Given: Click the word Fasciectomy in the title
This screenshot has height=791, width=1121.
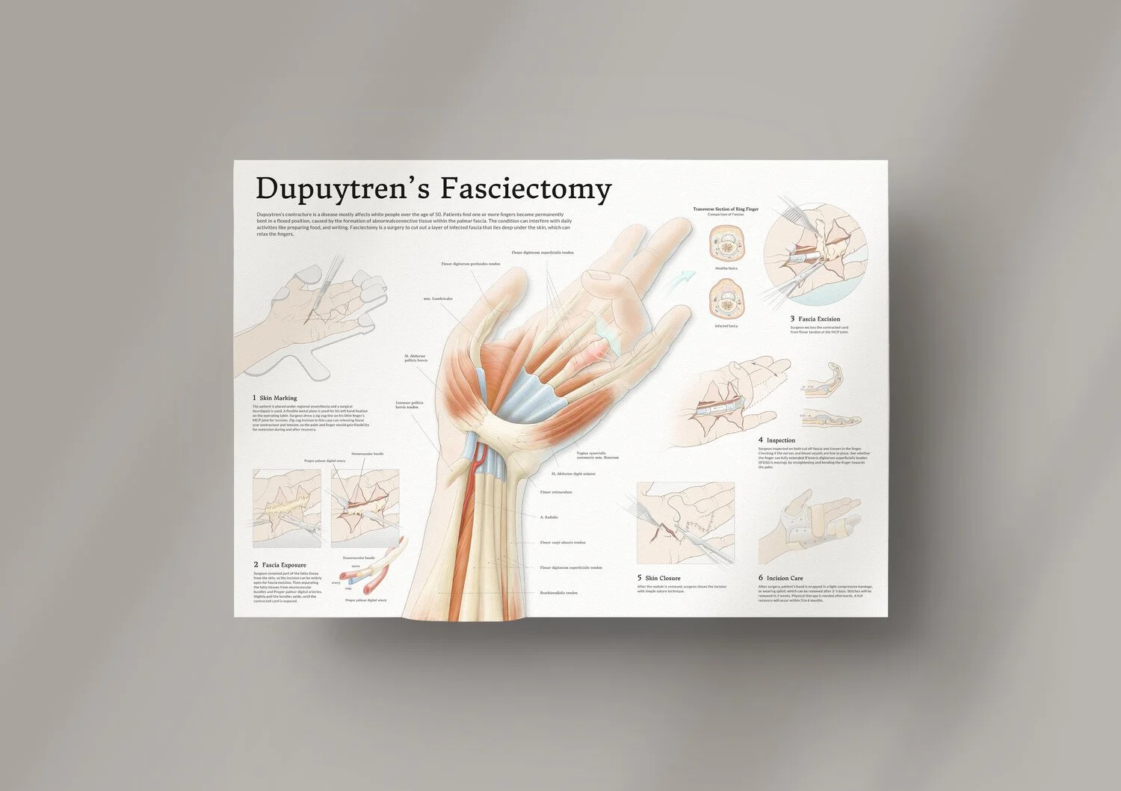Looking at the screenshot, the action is tap(525, 189).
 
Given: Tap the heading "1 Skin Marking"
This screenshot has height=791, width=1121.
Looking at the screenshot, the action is tap(275, 398).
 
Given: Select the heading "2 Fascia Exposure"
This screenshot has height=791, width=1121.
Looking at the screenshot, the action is tap(280, 564).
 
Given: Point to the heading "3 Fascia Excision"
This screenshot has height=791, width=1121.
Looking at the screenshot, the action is tap(815, 319).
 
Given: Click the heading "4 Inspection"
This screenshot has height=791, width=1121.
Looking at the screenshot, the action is tap(776, 440).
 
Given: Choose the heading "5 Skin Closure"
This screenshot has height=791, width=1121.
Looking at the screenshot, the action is tap(658, 578).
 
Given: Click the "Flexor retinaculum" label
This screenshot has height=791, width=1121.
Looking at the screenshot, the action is tap(556, 492).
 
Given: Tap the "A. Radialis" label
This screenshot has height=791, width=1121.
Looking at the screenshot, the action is tap(549, 517).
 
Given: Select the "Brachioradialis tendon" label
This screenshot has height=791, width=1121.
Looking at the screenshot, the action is tap(558, 593).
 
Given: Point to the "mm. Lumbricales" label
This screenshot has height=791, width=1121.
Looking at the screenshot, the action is tap(438, 298).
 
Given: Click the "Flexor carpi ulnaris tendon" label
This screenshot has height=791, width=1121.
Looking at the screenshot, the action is tap(563, 543).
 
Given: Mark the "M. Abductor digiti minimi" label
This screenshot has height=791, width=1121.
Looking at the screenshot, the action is tap(574, 474).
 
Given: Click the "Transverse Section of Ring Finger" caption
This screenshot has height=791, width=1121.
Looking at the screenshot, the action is tap(725, 209).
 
